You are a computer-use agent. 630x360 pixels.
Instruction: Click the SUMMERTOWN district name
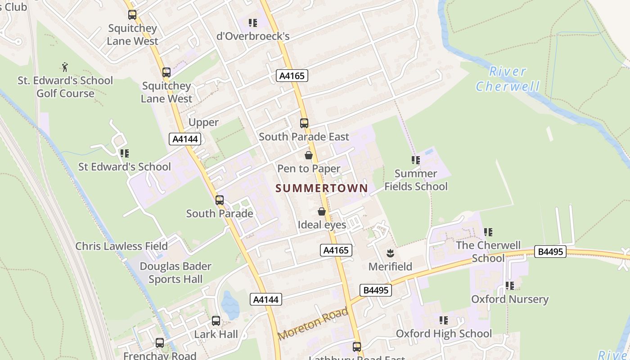pyautogui.click(x=322, y=188)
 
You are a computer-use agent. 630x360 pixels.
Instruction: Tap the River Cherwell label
pyautogui.click(x=508, y=79)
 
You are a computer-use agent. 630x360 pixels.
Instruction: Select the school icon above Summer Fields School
pyautogui.click(x=416, y=160)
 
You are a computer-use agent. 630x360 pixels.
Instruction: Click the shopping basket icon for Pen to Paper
pyautogui.click(x=309, y=156)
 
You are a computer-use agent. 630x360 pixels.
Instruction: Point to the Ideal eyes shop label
pyautogui.click(x=322, y=225)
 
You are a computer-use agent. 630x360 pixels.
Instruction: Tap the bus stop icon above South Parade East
pyautogui.click(x=304, y=123)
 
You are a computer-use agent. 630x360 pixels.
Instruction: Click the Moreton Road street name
pyautogui.click(x=313, y=323)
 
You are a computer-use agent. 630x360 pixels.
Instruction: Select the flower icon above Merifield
pyautogui.click(x=390, y=253)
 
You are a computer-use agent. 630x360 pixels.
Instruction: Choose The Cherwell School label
pyautogui.click(x=488, y=252)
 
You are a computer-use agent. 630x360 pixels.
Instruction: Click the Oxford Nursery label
pyautogui.click(x=510, y=299)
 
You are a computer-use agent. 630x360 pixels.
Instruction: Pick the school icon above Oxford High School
pyautogui.click(x=444, y=320)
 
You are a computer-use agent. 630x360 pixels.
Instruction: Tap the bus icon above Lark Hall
pyautogui.click(x=216, y=321)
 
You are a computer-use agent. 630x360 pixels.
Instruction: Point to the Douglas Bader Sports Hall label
pyautogui.click(x=175, y=272)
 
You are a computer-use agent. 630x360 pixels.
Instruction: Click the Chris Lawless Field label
pyautogui.click(x=121, y=246)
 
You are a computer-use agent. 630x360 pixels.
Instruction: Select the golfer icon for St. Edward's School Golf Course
pyautogui.click(x=65, y=67)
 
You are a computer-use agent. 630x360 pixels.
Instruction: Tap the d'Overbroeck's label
pyautogui.click(x=253, y=36)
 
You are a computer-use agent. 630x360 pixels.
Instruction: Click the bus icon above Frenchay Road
pyautogui.click(x=160, y=343)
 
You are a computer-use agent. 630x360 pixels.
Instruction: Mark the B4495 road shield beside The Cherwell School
pyautogui.click(x=550, y=252)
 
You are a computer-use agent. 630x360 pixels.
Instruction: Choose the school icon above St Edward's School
pyautogui.click(x=124, y=154)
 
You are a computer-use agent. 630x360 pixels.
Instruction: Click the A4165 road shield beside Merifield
pyautogui.click(x=336, y=250)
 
